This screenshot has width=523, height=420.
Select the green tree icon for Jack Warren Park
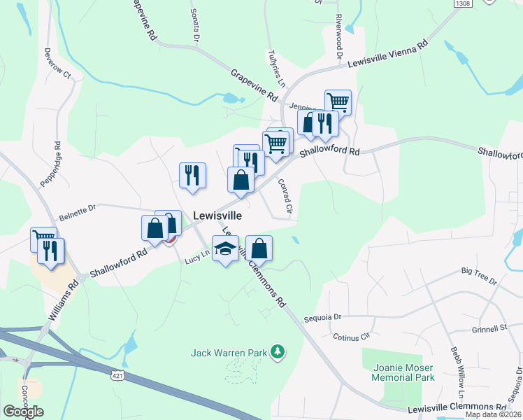tap(278, 351)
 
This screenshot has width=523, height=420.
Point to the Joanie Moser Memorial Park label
tap(404, 372)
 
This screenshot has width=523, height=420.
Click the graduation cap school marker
tap(225, 248)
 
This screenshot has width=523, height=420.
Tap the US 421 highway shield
tap(117, 376)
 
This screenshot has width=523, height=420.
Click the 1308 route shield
tap(462, 4)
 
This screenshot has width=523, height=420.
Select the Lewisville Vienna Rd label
tap(387, 55)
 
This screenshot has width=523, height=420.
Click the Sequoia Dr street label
tap(322, 317)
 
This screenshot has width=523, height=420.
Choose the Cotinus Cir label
tap(351, 337)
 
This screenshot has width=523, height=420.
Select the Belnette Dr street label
tap(77, 207)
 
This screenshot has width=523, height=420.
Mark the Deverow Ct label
tap(57, 63)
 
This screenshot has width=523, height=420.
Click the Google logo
tap(24, 411)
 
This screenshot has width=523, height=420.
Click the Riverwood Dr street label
tap(340, 35)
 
